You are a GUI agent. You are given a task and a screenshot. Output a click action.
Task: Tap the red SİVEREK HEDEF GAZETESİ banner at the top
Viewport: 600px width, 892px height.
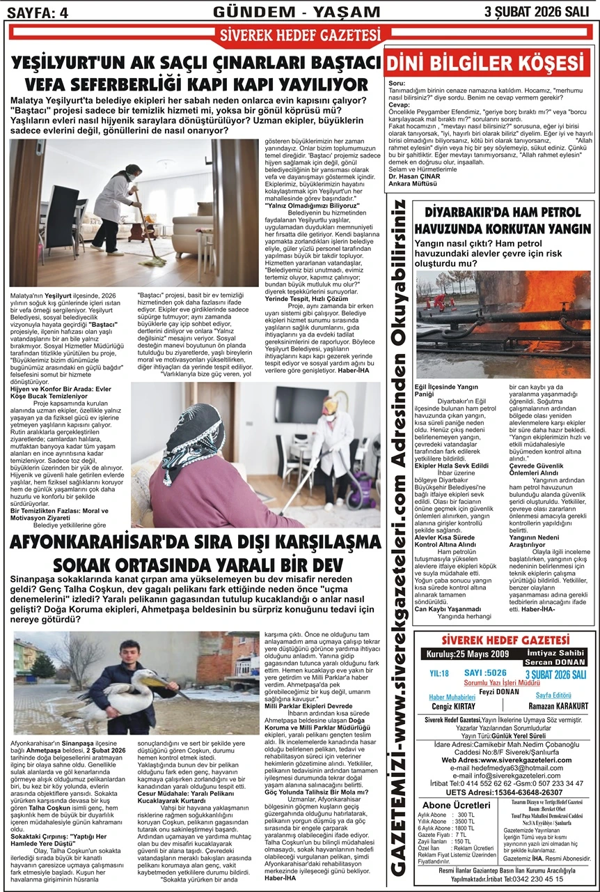[x=299, y=35]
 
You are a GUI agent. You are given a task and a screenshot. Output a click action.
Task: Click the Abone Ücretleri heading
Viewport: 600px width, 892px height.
[x=452, y=805]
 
